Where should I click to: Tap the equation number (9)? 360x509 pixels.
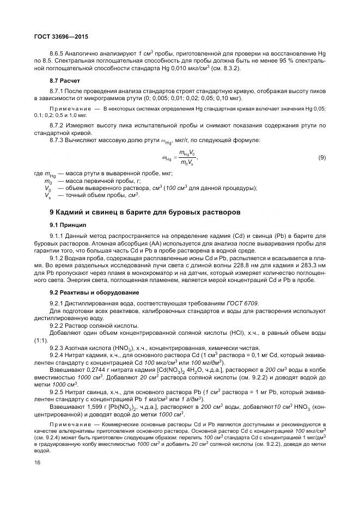[x=322, y=158]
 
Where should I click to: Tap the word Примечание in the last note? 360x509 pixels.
[x=71, y=423]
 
